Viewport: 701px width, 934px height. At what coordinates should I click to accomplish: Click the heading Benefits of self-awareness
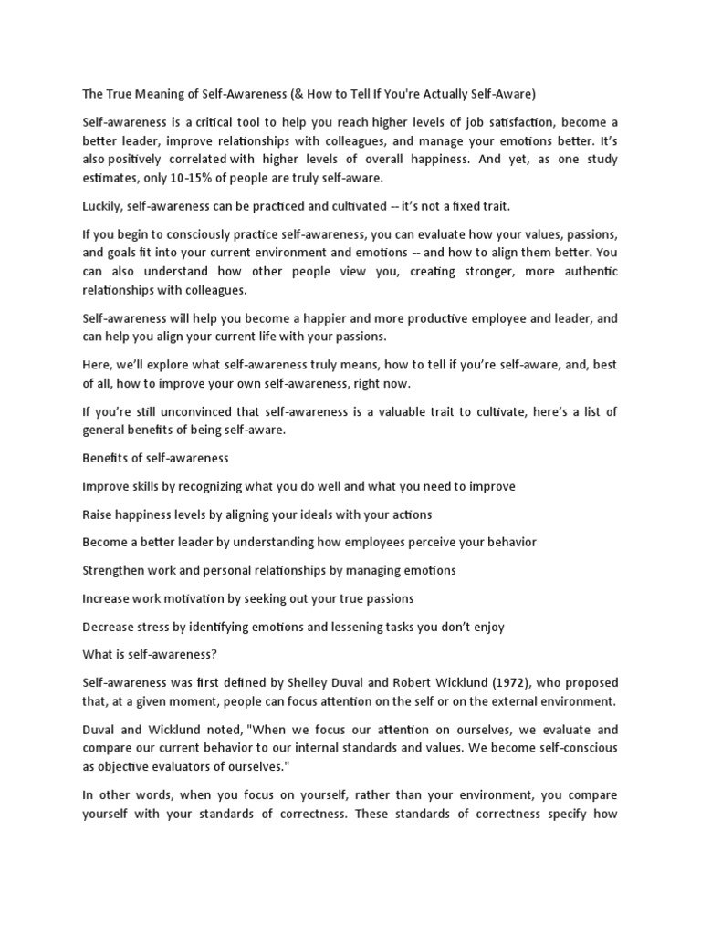tap(155, 458)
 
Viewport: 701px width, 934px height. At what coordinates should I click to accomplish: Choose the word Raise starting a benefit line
tap(99, 514)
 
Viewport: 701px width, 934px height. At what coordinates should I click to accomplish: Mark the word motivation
tap(212, 598)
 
